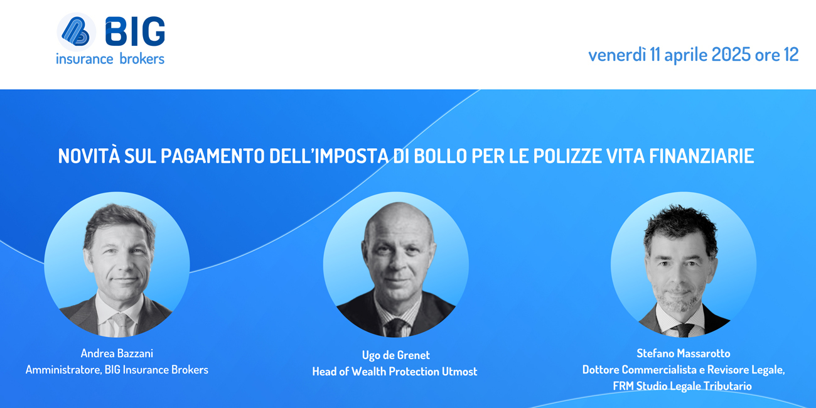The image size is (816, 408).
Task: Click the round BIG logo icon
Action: pyautogui.click(x=77, y=32)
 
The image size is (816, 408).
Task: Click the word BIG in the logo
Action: pyautogui.click(x=135, y=31)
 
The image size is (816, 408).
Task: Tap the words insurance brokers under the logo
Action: pyautogui.click(x=110, y=58)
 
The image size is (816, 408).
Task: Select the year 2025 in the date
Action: pyautogui.click(x=731, y=55)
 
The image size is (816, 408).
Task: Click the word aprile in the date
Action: pyautogui.click(x=685, y=55)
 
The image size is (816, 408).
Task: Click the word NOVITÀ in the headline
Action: pyautogui.click(x=89, y=156)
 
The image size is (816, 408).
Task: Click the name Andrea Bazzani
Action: pyautogui.click(x=117, y=353)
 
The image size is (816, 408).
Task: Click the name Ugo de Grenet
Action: pyautogui.click(x=396, y=355)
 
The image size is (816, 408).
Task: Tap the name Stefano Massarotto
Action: pyautogui.click(x=684, y=353)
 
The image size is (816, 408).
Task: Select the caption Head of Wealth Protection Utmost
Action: pyautogui.click(x=395, y=371)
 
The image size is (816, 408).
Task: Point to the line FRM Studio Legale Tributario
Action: pyautogui.click(x=682, y=386)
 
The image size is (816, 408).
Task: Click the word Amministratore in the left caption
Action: pyautogui.click(x=64, y=370)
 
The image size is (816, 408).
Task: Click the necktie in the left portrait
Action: pyautogui.click(x=121, y=325)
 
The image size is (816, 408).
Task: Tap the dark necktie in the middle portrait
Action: pyautogui.click(x=396, y=328)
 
